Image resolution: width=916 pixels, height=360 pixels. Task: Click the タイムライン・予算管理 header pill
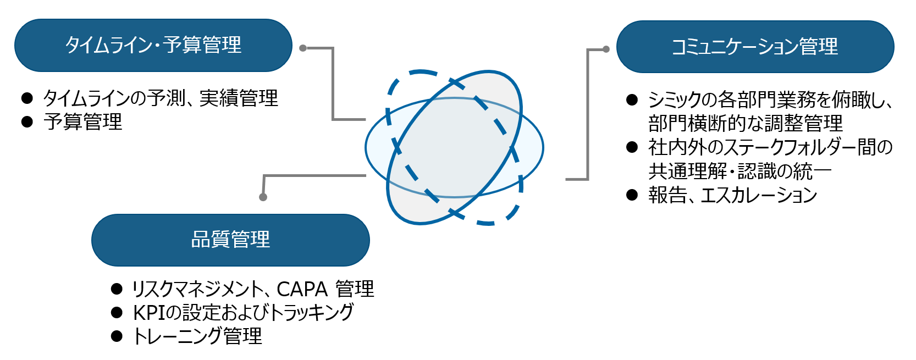click(x=153, y=45)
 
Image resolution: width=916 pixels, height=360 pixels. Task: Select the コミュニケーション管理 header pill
click(x=755, y=47)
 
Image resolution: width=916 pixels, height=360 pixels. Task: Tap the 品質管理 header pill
click(x=230, y=240)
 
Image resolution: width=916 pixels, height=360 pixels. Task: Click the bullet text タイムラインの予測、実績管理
click(x=161, y=98)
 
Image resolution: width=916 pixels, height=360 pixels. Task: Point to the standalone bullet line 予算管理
click(x=83, y=122)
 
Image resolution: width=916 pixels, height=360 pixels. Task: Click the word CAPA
click(x=302, y=289)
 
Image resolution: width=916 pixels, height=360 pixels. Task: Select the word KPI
click(x=149, y=313)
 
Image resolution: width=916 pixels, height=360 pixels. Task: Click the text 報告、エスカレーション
click(x=732, y=195)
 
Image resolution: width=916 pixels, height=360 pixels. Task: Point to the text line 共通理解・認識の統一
click(x=740, y=171)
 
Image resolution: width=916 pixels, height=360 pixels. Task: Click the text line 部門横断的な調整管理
click(x=745, y=123)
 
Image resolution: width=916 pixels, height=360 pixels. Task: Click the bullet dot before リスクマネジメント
click(x=117, y=289)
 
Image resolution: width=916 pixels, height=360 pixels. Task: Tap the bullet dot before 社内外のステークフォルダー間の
click(x=632, y=147)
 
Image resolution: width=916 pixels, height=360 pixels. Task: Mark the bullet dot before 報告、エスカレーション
click(x=632, y=195)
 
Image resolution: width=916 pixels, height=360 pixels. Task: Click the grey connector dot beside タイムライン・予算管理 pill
click(x=303, y=48)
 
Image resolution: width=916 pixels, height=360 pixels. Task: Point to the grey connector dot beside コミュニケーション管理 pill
click(x=606, y=49)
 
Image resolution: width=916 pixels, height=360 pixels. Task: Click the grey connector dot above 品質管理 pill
click(x=263, y=197)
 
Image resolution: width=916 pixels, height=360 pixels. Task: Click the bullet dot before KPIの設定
click(x=117, y=313)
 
